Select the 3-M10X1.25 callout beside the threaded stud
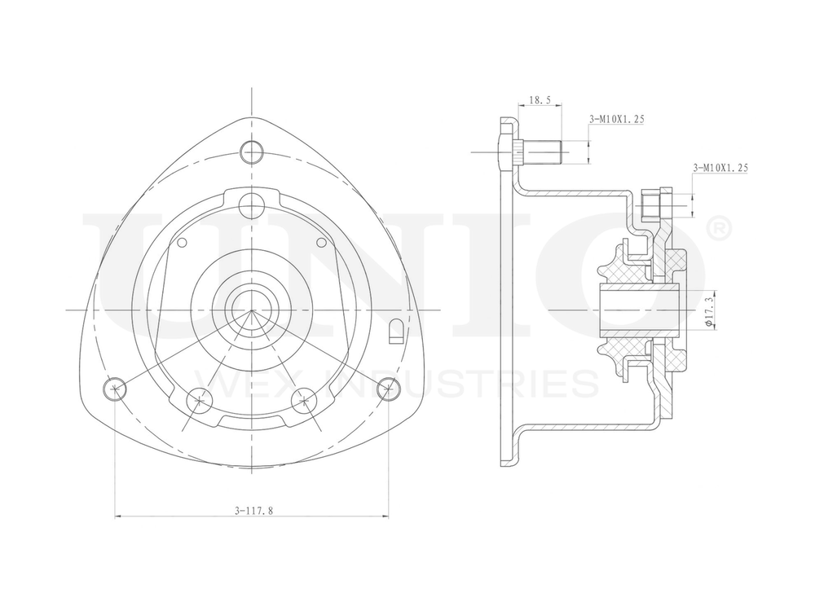617,119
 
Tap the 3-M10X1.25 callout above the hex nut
720,167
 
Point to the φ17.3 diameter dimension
708,310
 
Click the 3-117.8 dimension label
253,511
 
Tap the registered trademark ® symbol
717,230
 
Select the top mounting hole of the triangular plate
253,151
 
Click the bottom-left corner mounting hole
116,389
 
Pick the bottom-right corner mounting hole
389,389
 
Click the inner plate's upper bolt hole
253,203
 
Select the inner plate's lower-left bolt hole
199,399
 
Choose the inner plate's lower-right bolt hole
305,399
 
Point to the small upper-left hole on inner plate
183,242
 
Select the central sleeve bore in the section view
640,310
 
